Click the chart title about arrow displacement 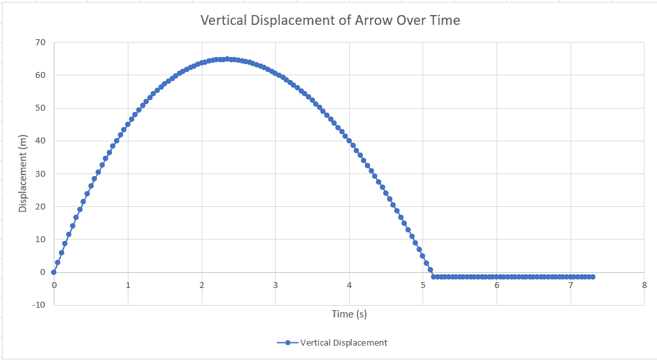(329, 20)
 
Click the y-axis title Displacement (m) (23, 173)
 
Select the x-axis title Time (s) (349, 314)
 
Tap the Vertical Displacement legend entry (332, 342)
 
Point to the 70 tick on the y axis (41, 43)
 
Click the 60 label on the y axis (41, 75)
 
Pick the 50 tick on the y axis (41, 108)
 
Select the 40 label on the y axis (41, 141)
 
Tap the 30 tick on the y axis (41, 173)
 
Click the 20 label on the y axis (41, 206)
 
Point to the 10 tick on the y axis (41, 239)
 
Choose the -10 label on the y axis (39, 304)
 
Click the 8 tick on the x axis (645, 285)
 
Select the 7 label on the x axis (571, 285)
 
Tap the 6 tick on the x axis (497, 285)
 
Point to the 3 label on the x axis (275, 285)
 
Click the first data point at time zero (54, 272)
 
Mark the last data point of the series (593, 277)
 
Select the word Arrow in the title (373, 20)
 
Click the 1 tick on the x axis (128, 285)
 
